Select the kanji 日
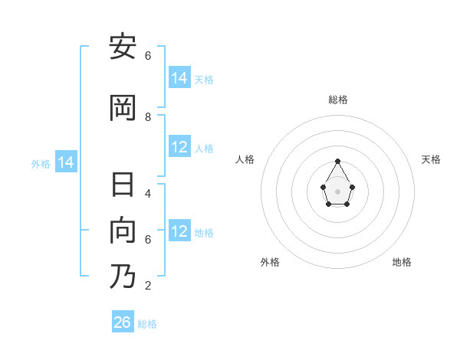(x=122, y=186)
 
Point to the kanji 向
(x=122, y=231)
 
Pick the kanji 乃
(x=122, y=276)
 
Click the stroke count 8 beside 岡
(x=148, y=116)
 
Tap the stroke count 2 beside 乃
(x=148, y=286)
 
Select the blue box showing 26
(x=123, y=322)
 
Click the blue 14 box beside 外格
(x=66, y=162)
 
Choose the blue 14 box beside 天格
(x=179, y=77)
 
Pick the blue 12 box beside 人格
(x=179, y=147)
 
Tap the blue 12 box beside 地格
(x=179, y=231)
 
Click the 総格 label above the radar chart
(x=337, y=100)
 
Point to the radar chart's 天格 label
(x=431, y=159)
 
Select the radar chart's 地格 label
(x=402, y=262)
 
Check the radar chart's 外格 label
(x=270, y=262)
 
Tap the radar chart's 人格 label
(x=245, y=159)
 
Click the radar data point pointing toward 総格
(x=337, y=161)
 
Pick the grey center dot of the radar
(x=337, y=191)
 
